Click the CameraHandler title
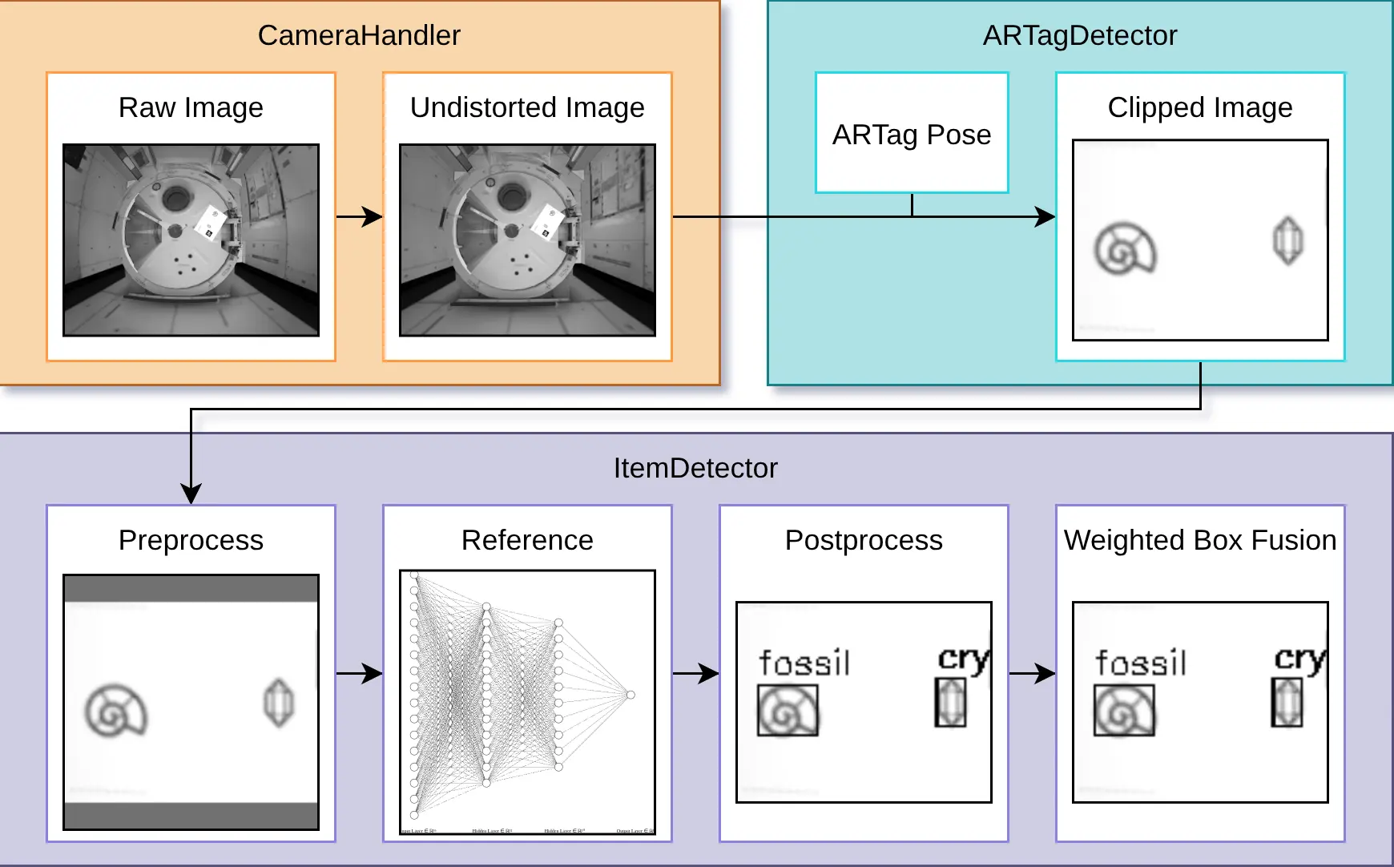pyautogui.click(x=359, y=35)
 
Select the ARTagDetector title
pyautogui.click(x=1079, y=35)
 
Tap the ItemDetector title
pyautogui.click(x=695, y=468)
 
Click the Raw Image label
pyautogui.click(x=191, y=107)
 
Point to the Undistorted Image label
pyautogui.click(x=527, y=107)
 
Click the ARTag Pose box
pyautogui.click(x=912, y=134)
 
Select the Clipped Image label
pyautogui.click(x=1199, y=107)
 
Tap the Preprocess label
pyautogui.click(x=191, y=540)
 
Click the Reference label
pyautogui.click(x=527, y=540)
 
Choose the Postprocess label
pyautogui.click(x=864, y=540)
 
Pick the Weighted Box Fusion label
pyautogui.click(x=1199, y=540)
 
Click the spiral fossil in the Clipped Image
pyautogui.click(x=1126, y=249)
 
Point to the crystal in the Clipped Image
pyautogui.click(x=1287, y=240)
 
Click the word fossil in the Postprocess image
pyautogui.click(x=804, y=663)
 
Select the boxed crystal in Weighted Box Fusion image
pyautogui.click(x=1287, y=703)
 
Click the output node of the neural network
pyautogui.click(x=631, y=695)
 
